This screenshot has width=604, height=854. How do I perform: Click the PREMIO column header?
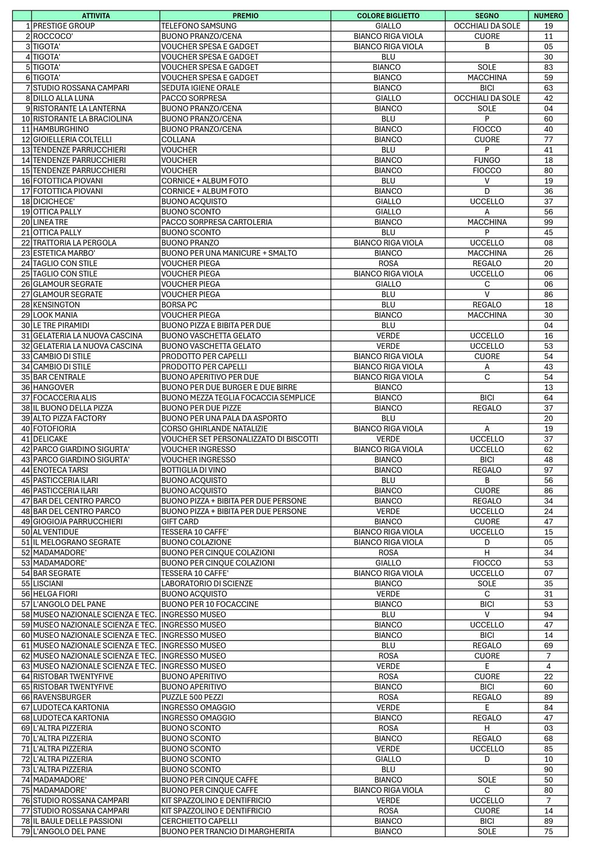click(245, 16)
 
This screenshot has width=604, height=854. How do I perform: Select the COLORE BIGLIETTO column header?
click(388, 16)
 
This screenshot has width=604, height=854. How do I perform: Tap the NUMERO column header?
click(548, 16)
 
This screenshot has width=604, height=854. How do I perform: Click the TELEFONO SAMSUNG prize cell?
click(199, 26)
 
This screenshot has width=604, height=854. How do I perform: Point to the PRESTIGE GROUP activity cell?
click(64, 26)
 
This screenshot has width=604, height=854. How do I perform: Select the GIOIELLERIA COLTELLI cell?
click(72, 139)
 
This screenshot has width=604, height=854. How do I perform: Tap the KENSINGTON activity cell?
click(56, 305)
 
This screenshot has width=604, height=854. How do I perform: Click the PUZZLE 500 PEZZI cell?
click(192, 697)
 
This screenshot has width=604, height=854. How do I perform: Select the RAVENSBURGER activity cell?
click(62, 697)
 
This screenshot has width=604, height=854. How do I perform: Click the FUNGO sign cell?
click(487, 160)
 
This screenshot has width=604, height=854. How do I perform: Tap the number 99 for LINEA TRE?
click(548, 222)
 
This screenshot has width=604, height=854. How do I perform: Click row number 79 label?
click(26, 831)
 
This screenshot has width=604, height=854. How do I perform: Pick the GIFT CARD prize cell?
click(180, 522)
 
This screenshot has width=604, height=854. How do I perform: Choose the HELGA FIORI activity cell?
click(55, 594)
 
